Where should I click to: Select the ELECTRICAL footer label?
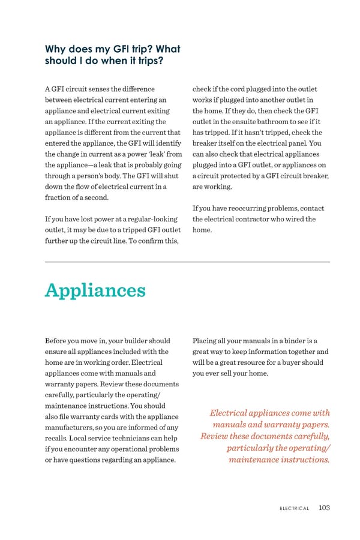[294, 508]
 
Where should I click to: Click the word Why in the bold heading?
[57, 49]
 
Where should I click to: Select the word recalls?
[58, 438]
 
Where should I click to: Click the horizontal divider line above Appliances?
[187, 262]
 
